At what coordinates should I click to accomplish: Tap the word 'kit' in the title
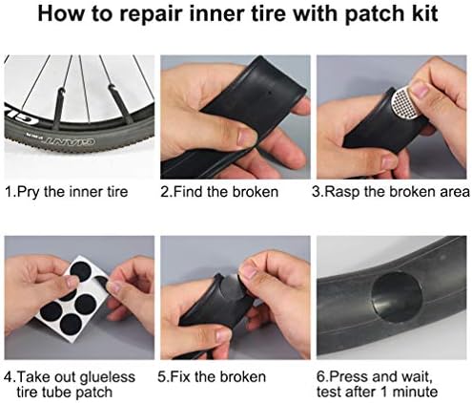(x=423, y=13)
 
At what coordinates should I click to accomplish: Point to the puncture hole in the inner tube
(x=269, y=94)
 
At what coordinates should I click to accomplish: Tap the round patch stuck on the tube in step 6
(x=397, y=297)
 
